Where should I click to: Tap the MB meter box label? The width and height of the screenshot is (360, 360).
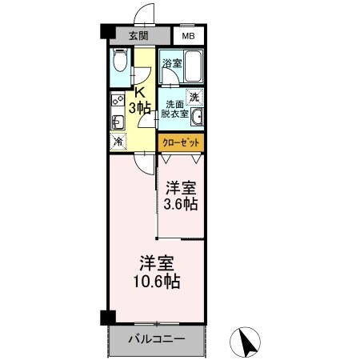click(186, 36)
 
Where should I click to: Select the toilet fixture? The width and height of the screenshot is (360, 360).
click(119, 62)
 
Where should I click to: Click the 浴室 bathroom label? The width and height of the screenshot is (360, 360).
click(171, 62)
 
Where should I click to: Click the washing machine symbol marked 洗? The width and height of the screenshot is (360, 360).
click(194, 97)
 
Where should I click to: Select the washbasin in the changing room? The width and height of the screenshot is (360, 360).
click(196, 118)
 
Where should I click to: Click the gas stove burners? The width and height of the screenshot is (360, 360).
click(118, 102)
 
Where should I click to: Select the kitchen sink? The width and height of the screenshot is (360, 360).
click(117, 122)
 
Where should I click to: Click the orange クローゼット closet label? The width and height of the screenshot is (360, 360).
click(181, 143)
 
